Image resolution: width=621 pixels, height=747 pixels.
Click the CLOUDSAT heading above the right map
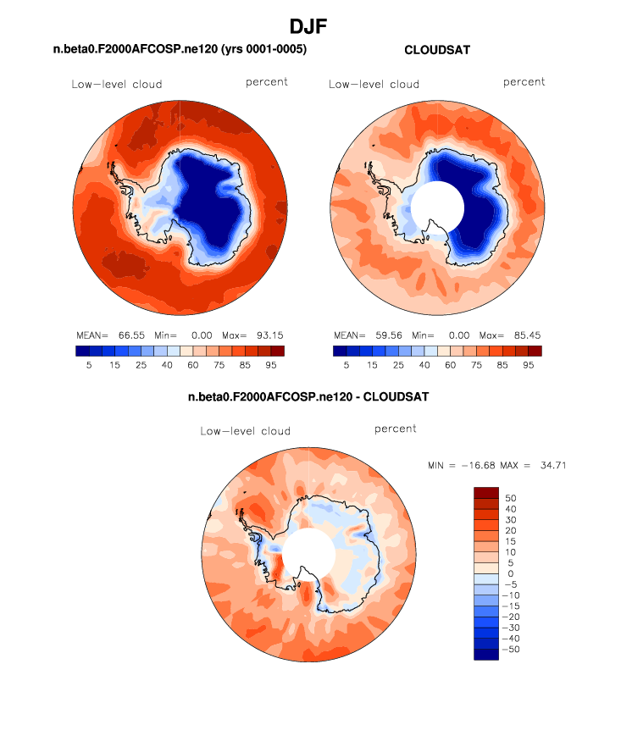437,50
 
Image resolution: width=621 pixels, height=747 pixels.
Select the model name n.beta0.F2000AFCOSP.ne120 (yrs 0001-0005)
180,50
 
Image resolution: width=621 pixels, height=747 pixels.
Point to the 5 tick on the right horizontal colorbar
346,365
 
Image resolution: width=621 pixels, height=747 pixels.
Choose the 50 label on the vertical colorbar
509,497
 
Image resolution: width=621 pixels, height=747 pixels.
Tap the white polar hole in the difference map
309,555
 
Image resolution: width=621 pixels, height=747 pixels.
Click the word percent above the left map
267,82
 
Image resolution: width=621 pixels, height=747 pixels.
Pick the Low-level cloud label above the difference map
245,431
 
